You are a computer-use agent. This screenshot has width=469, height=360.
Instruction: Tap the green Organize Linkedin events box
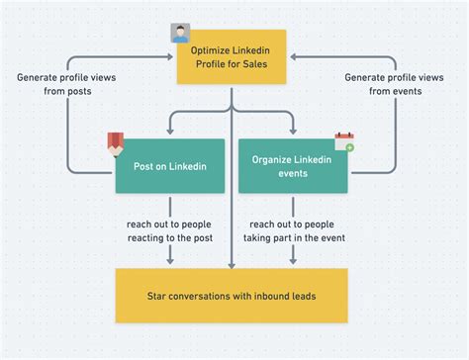pos(293,166)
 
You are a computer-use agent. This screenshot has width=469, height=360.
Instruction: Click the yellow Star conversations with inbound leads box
pos(233,295)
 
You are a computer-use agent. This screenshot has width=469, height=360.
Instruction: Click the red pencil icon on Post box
pos(116,143)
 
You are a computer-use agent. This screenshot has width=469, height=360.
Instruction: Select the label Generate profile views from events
pos(393,84)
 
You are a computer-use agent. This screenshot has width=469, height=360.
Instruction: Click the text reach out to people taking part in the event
pos(294,230)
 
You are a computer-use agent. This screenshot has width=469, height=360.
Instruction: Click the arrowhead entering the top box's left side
pos(172,57)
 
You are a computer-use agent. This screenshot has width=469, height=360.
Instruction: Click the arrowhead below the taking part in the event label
pos(294,261)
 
